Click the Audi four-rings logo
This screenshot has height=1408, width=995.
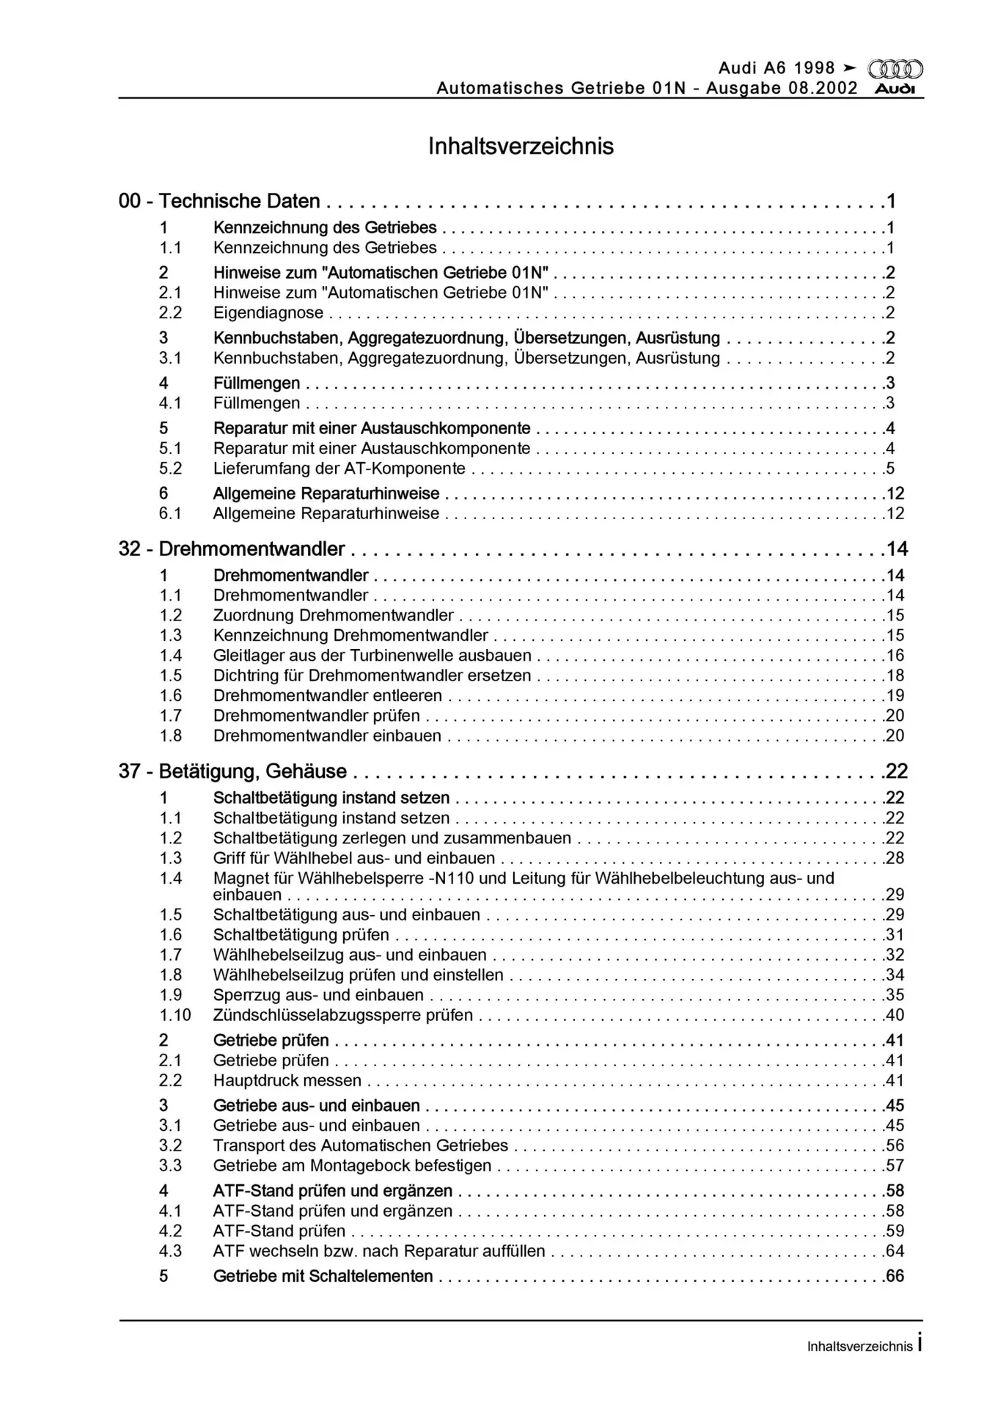[895, 70]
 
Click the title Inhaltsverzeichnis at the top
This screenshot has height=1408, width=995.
[521, 146]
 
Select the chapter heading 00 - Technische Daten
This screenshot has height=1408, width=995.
[219, 201]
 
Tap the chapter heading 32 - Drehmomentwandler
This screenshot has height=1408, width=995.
[232, 549]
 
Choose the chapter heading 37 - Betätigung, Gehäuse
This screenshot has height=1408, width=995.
[232, 771]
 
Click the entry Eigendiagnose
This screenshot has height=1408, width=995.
[268, 313]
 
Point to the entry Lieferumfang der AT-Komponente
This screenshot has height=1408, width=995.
[339, 469]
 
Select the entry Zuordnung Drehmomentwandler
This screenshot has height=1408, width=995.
[333, 615]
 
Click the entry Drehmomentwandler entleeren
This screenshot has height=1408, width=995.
[328, 696]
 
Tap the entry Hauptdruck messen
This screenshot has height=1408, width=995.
[287, 1080]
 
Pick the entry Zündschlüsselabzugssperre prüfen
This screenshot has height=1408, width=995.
[343, 1016]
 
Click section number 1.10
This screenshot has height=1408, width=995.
[175, 1016]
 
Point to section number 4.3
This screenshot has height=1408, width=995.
[171, 1251]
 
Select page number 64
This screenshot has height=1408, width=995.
[895, 1251]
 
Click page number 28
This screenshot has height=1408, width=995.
[895, 858]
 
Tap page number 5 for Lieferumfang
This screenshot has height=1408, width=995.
[890, 469]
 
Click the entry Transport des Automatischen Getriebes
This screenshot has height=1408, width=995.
[361, 1145]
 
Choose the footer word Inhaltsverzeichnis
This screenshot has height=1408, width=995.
[859, 1346]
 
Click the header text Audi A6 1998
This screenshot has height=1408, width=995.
[776, 68]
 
